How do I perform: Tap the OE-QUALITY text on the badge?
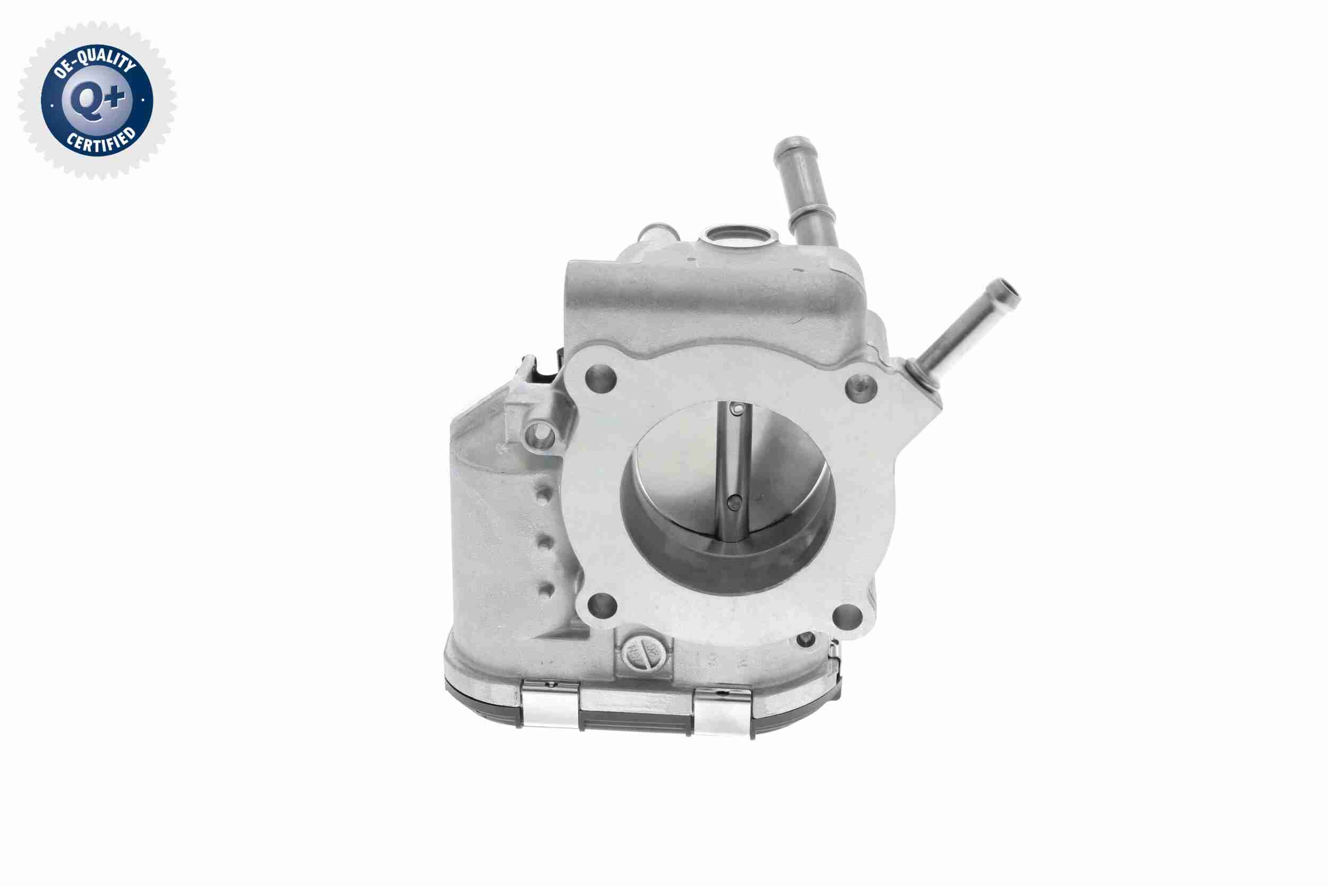point(94,63)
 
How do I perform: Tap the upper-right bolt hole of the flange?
point(861,387)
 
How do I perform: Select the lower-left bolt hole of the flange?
point(602,608)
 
